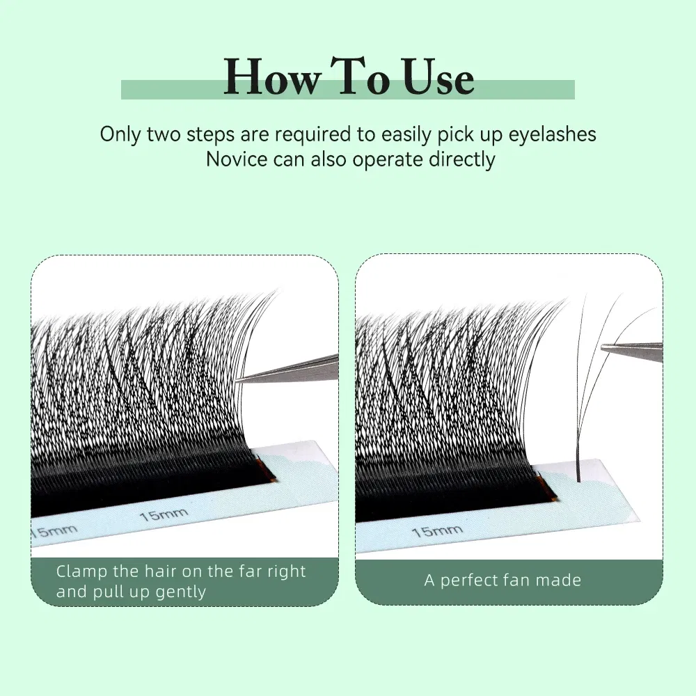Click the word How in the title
click(272, 79)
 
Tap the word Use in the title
click(436, 79)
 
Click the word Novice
click(236, 159)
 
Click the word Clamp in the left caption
click(81, 571)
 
